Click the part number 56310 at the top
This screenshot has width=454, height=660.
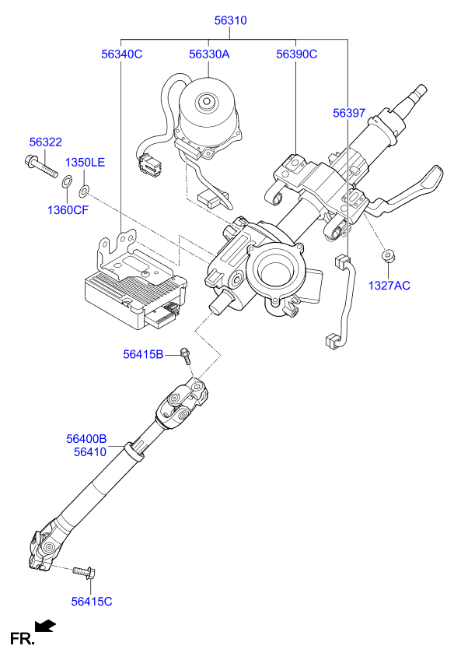230,21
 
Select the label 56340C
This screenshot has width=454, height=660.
122,54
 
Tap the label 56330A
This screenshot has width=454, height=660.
209,54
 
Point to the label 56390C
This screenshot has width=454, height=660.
297,54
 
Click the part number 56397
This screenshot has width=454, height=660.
349,114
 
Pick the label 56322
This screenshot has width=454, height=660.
46,142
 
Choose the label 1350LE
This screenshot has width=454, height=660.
84,163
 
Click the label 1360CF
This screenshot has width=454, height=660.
68,209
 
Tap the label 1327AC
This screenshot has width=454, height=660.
389,286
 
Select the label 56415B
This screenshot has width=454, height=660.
143,355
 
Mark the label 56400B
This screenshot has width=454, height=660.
86,439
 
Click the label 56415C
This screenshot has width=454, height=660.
92,601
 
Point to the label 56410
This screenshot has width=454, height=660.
90,451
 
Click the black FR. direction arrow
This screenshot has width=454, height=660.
46,625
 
